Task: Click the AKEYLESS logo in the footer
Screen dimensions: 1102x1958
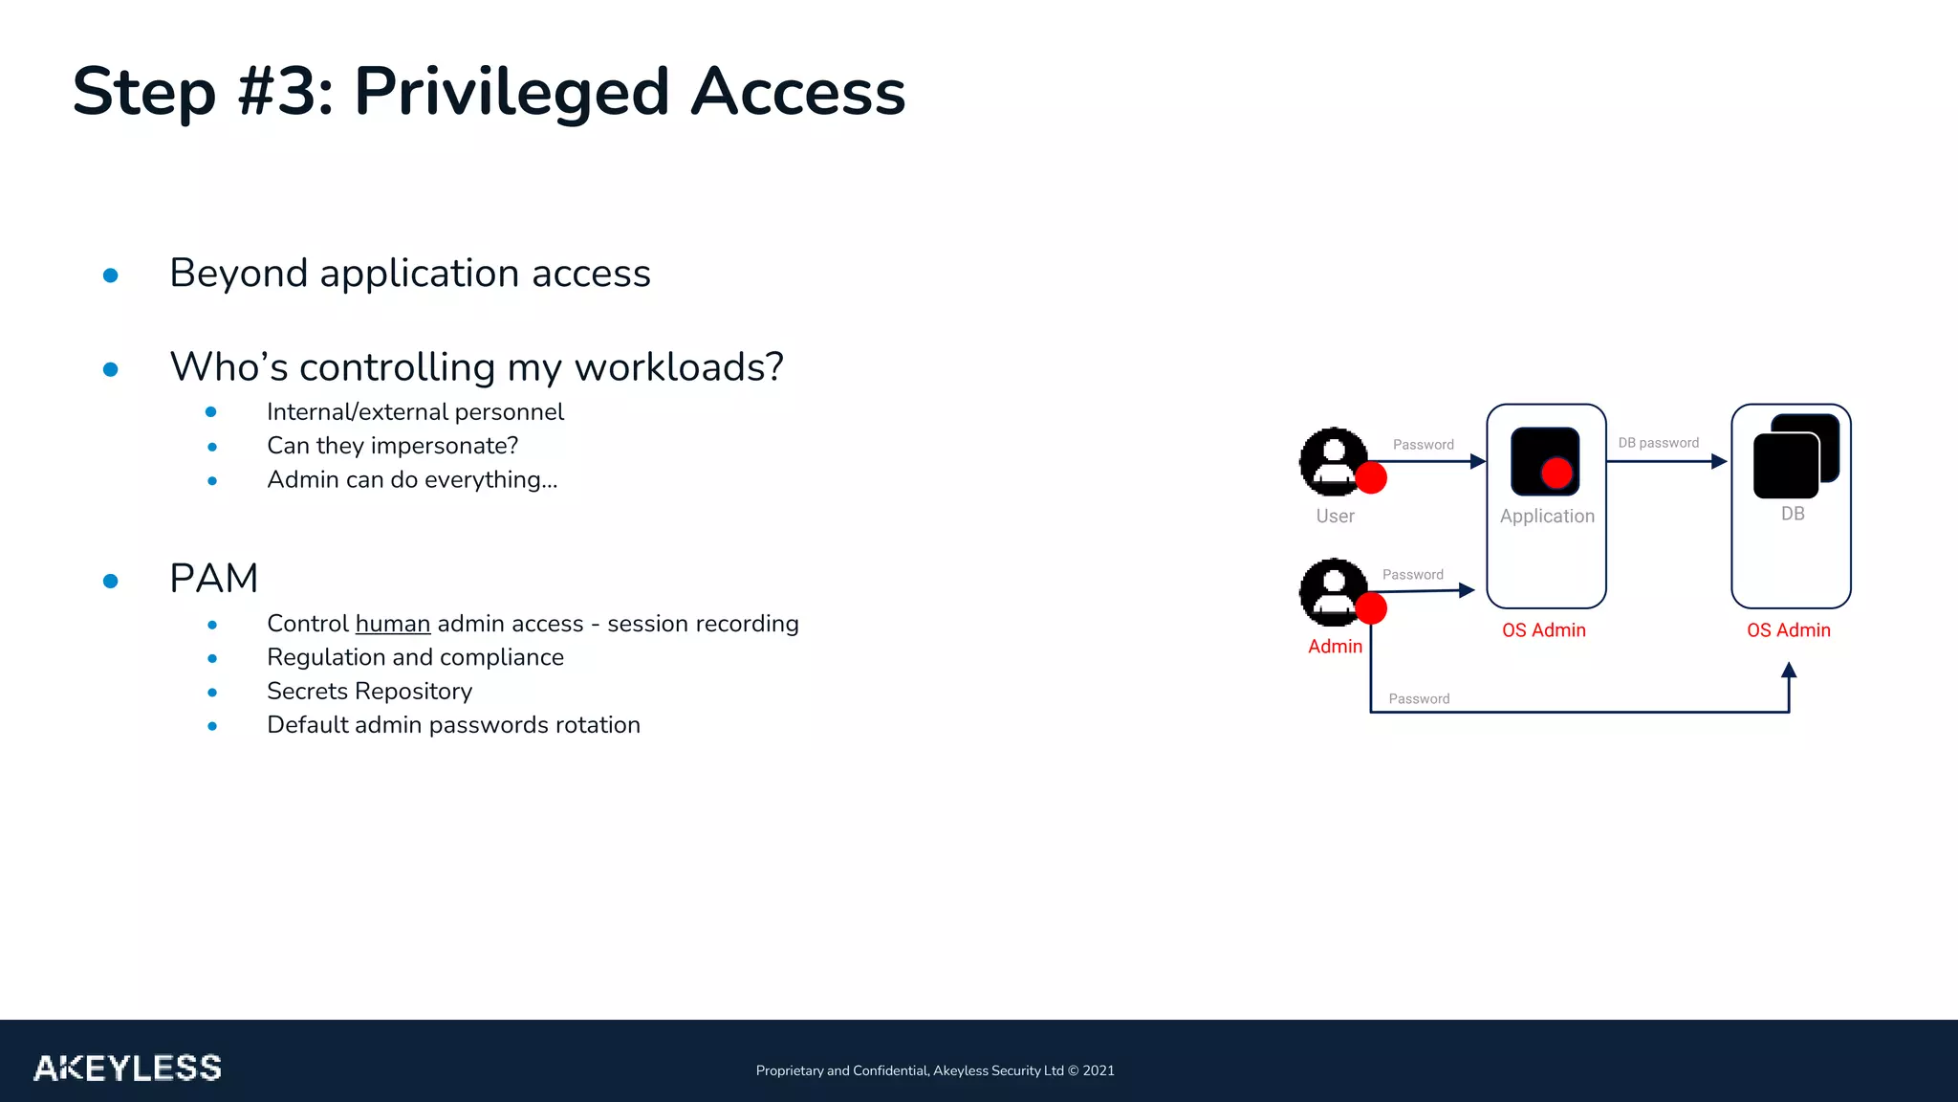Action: tap(127, 1068)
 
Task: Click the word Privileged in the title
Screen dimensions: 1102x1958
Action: tap(511, 93)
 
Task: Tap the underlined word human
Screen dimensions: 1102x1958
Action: tap(393, 624)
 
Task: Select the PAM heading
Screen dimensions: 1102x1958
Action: tap(213, 579)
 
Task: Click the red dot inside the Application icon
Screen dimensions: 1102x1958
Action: tap(1556, 473)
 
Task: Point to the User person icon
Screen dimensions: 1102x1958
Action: tap(1333, 461)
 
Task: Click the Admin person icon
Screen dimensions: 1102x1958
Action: tap(1333, 591)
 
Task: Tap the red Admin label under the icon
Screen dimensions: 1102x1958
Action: tap(1335, 647)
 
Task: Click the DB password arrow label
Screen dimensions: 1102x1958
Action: tap(1658, 443)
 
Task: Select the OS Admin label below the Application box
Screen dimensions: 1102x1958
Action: tap(1543, 630)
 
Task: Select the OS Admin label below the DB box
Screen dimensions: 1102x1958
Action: tap(1788, 630)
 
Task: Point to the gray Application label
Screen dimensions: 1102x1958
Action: tap(1547, 517)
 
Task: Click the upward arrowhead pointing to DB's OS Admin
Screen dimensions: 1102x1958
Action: tap(1789, 671)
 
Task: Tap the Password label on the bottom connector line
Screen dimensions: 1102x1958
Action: tap(1419, 699)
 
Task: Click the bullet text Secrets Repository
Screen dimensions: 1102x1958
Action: tap(369, 692)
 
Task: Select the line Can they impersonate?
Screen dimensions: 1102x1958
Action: tap(392, 446)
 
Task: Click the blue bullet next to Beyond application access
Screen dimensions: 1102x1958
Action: tap(111, 275)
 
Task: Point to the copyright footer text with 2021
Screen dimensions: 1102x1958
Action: tap(934, 1070)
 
